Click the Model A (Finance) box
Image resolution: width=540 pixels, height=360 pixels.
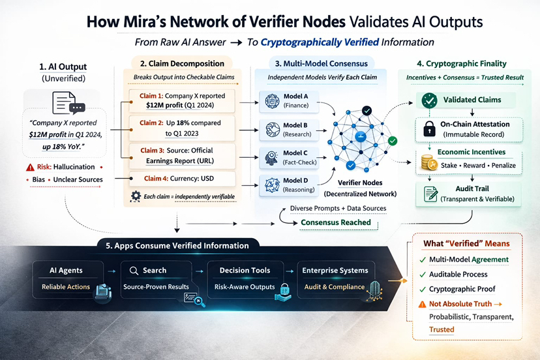point(289,101)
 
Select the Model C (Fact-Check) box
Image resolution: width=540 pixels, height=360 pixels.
point(289,157)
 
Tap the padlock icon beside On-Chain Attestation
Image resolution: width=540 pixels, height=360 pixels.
point(429,129)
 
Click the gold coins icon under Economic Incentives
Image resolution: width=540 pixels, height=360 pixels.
point(429,162)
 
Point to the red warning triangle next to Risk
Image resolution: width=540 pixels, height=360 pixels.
point(30,168)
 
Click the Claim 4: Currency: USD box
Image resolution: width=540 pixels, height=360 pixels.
point(182,179)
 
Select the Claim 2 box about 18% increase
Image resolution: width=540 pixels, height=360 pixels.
point(182,128)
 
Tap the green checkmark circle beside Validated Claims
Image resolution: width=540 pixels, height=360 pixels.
point(429,100)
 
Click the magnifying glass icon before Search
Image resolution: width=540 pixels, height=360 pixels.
point(134,271)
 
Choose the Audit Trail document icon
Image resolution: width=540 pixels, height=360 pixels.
point(430,194)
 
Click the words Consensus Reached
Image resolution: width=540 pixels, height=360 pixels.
point(336,222)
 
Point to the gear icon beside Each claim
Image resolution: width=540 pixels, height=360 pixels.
point(136,196)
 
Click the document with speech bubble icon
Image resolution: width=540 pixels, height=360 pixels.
point(68,103)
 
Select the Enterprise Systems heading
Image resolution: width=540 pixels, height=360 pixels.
point(335,271)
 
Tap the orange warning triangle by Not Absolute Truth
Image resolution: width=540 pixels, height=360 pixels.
point(422,305)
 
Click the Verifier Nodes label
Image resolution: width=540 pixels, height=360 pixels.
point(360,183)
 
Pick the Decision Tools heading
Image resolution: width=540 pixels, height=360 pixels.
point(245,271)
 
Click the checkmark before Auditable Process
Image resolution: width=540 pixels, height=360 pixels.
point(423,275)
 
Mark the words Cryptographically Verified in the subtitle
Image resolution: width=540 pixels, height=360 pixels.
point(320,42)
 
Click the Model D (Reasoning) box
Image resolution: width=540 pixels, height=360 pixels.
point(289,185)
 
